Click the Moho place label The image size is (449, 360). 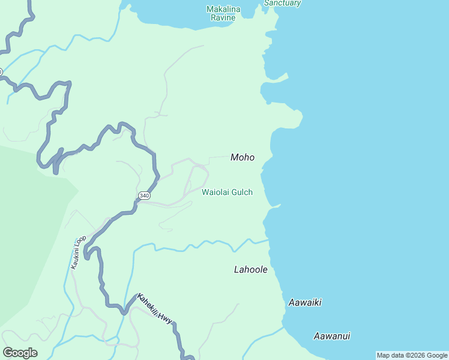coord(243,157)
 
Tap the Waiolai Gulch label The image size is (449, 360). coord(227,192)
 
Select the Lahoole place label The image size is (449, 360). coord(250,269)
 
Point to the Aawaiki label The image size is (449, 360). coord(305,302)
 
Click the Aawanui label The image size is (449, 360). coord(331,336)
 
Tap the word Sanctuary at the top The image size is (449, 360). coord(282,3)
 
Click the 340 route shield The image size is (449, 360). coord(144,196)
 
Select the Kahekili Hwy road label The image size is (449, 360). coord(155,309)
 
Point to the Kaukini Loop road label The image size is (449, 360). coord(79,252)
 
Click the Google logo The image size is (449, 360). coord(20,352)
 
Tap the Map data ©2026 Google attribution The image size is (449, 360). coord(412,355)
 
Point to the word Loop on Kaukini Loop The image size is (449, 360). coord(82,241)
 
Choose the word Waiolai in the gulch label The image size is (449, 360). coord(215,192)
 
